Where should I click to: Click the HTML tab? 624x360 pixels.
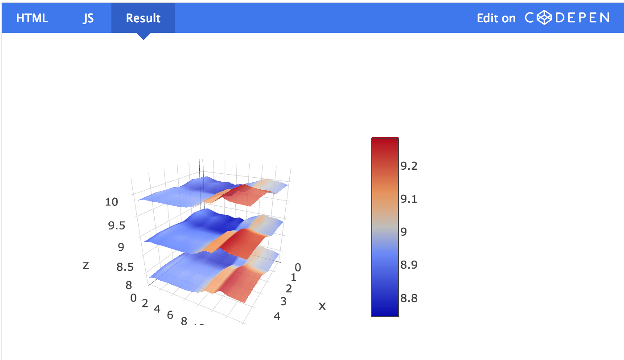pyautogui.click(x=32, y=18)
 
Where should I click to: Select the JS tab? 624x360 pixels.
pyautogui.click(x=88, y=18)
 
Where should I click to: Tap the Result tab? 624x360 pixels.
pyautogui.click(x=143, y=18)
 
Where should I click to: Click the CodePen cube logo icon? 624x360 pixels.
pyautogui.click(x=544, y=18)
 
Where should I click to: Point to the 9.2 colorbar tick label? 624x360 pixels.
pyautogui.click(x=409, y=166)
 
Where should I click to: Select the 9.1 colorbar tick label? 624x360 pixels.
pyautogui.click(x=409, y=199)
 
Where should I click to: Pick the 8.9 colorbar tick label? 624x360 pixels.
pyautogui.click(x=409, y=265)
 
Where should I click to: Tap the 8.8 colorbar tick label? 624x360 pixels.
pyautogui.click(x=409, y=298)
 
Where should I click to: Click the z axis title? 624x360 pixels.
pyautogui.click(x=86, y=265)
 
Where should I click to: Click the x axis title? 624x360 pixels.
pyautogui.click(x=322, y=306)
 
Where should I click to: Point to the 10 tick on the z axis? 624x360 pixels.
pyautogui.click(x=112, y=202)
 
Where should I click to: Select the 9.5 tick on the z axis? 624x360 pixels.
pyautogui.click(x=117, y=226)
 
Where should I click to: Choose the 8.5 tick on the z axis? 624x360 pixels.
pyautogui.click(x=125, y=267)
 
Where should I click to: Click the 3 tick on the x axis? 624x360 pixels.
pyautogui.click(x=283, y=302)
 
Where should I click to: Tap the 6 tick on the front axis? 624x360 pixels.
pyautogui.click(x=170, y=315)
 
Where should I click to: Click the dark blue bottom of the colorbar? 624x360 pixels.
pyautogui.click(x=385, y=311)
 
